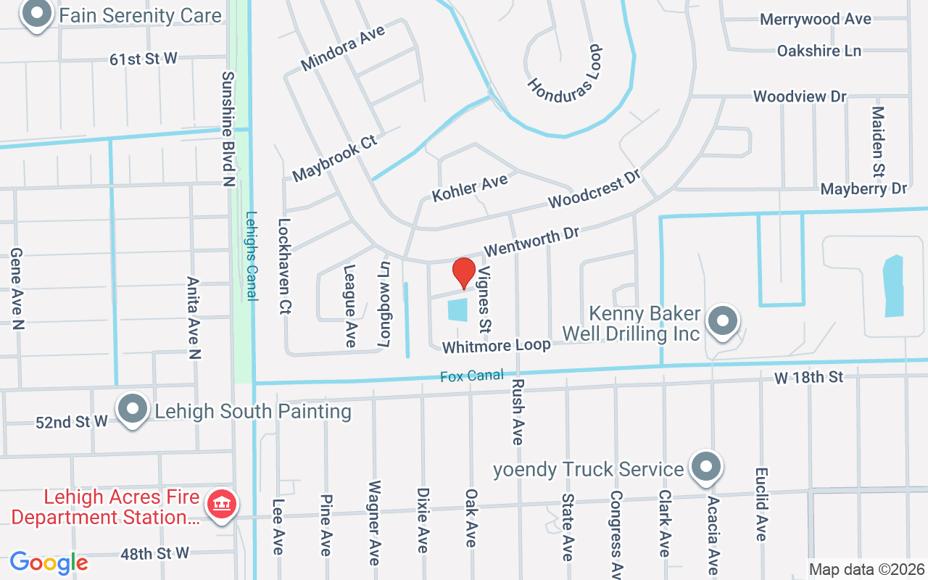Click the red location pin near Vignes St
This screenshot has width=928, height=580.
(x=464, y=273)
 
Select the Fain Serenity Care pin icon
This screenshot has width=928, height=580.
(x=36, y=14)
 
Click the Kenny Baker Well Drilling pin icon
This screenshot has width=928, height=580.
(x=721, y=321)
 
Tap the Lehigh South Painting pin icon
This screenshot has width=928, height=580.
(x=132, y=409)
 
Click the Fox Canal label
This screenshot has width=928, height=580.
(x=471, y=376)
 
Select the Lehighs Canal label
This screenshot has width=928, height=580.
(x=252, y=255)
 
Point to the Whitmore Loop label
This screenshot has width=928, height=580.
(x=497, y=346)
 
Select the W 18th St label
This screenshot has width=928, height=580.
(x=808, y=377)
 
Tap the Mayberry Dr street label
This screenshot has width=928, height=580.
(x=863, y=189)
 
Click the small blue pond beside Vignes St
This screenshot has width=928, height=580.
(x=457, y=310)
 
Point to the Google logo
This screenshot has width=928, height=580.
(x=49, y=562)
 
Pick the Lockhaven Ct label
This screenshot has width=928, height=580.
(x=284, y=266)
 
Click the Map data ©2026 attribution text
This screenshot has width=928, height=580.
(x=866, y=570)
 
